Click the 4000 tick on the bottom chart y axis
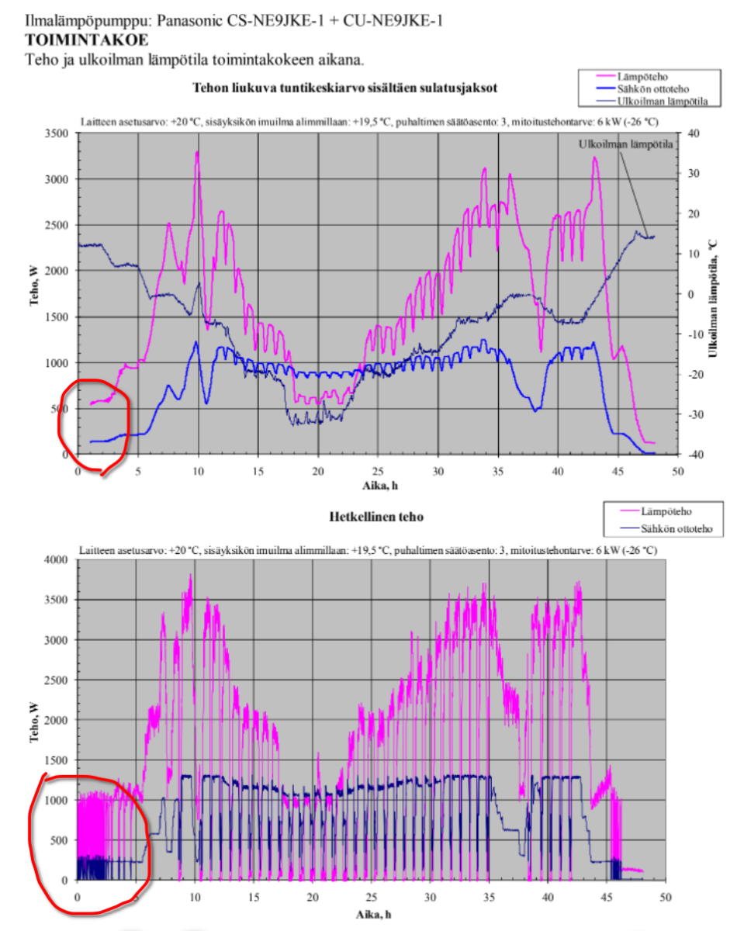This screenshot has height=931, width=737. point(61,559)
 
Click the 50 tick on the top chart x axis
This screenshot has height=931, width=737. point(677,471)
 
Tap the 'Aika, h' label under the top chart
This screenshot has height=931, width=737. point(378,486)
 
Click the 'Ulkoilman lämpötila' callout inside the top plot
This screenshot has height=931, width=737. point(625,144)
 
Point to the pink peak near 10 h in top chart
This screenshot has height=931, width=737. point(197,154)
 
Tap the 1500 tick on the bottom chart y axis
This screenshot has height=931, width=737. point(61,760)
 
